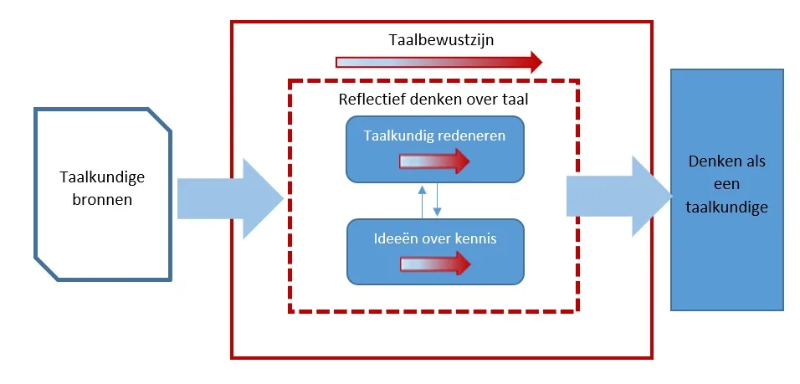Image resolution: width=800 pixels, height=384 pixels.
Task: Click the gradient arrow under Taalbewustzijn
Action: pos(438,62)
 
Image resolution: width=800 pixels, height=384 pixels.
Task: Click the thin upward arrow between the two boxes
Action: pos(423,200)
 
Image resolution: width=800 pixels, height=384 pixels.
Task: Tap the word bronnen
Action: pos(102,200)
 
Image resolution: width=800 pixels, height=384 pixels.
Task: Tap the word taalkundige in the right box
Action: pos(726,207)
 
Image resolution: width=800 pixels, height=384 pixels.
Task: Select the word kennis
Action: pos(475,238)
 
